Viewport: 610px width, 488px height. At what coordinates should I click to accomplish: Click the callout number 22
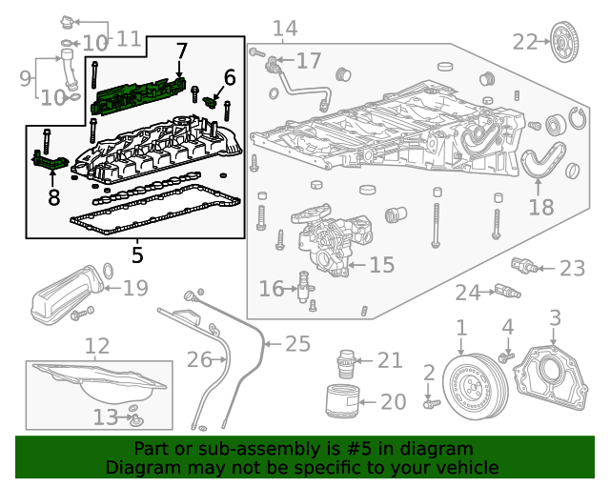click(525, 41)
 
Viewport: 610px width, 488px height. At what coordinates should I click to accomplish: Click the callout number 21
click(390, 360)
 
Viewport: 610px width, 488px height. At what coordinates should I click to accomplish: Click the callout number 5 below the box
click(137, 255)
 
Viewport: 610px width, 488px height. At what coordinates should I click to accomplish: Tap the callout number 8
click(53, 197)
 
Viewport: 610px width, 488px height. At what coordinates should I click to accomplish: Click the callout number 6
click(229, 77)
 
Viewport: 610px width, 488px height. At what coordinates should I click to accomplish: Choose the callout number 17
click(308, 61)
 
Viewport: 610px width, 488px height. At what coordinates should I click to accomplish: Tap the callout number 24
click(467, 292)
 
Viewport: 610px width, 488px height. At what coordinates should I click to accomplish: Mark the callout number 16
click(271, 288)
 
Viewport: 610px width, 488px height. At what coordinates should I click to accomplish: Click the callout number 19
click(135, 287)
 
